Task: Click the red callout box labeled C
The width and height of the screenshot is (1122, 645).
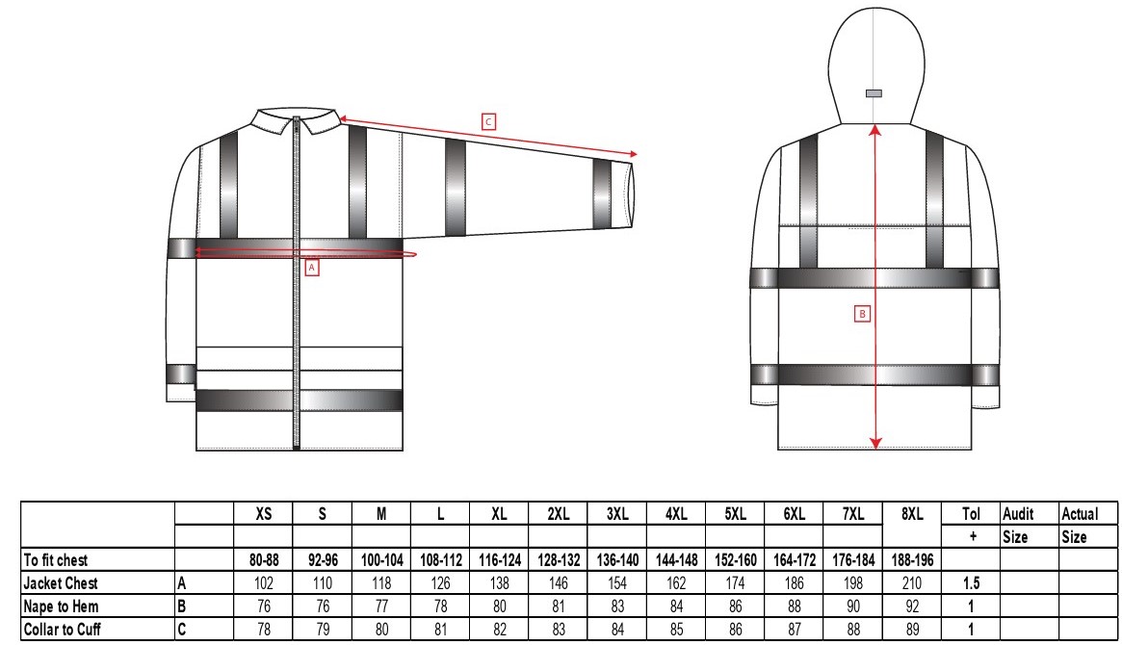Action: point(488,120)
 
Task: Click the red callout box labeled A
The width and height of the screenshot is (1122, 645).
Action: point(311,269)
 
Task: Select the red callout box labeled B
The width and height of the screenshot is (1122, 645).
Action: point(863,313)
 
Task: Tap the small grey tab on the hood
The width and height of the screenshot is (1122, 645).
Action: point(874,93)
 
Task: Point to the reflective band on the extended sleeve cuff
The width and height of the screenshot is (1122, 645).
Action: point(603,193)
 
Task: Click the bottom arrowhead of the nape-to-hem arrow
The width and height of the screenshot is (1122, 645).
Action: point(875,442)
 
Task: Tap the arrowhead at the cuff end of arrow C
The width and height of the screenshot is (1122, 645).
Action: point(633,154)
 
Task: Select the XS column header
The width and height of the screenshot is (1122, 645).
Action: point(263,514)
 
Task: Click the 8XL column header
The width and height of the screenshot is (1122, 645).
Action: point(911,514)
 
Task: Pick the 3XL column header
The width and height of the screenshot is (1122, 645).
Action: point(616,514)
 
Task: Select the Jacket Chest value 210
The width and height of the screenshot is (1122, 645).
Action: point(911,583)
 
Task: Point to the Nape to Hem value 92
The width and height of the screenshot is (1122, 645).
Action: point(911,605)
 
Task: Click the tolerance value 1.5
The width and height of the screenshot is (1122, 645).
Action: point(972,583)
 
